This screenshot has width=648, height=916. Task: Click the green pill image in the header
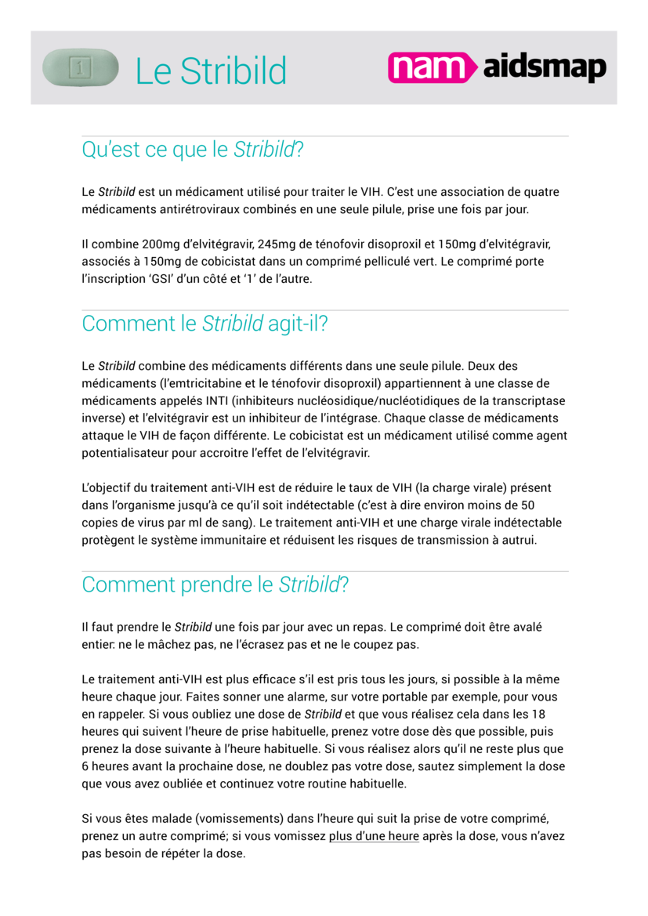click(x=80, y=67)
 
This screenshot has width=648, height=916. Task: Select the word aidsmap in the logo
click(x=544, y=69)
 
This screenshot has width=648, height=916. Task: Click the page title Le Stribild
click(x=211, y=71)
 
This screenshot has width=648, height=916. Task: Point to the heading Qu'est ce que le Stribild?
click(x=192, y=149)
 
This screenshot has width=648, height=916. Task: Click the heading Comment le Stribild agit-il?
click(x=205, y=324)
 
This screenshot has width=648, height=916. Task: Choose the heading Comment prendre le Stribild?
click(x=215, y=585)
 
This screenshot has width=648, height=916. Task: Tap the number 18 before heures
click(x=538, y=714)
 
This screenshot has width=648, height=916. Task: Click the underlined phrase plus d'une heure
click(x=374, y=836)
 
